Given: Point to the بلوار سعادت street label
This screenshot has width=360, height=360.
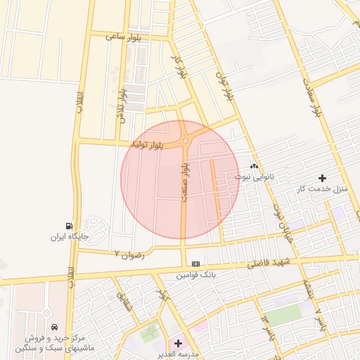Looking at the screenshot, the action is tap(314, 95).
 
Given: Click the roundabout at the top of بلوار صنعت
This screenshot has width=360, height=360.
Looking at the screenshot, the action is tap(185, 141).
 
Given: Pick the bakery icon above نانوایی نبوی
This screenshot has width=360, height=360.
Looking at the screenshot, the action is tap(254, 167).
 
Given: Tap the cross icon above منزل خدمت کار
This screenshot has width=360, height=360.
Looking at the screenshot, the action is tap(323, 178).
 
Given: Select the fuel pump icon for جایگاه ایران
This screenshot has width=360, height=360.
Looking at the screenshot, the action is tap(68, 226).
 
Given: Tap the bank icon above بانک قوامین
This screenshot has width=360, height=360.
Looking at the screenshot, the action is tap(195, 263).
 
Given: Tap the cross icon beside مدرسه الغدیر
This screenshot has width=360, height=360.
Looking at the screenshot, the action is tap(178, 343).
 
